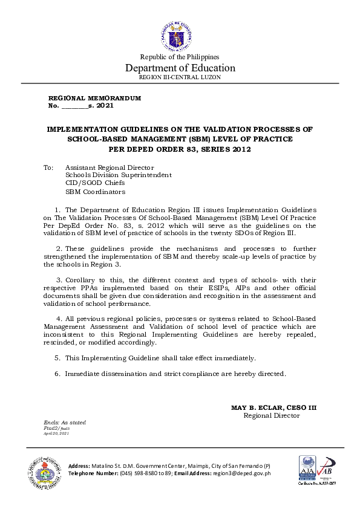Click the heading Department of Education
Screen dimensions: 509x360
pyautogui.click(x=180, y=67)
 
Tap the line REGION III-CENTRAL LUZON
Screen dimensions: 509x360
pyautogui.click(x=180, y=77)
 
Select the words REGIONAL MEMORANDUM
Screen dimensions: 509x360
pyautogui.click(x=94, y=97)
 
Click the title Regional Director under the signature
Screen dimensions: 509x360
pyautogui.click(x=272, y=415)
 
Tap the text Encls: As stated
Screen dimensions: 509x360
pyautogui.click(x=65, y=422)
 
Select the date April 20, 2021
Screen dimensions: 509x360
pyautogui.click(x=56, y=433)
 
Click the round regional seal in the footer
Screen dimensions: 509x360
pyautogui.click(x=44, y=470)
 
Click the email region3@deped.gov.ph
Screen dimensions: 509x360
pyautogui.click(x=241, y=473)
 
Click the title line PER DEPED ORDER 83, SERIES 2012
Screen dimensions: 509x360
pyautogui.click(x=180, y=148)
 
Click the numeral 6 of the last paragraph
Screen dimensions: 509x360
pyautogui.click(x=57, y=374)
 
